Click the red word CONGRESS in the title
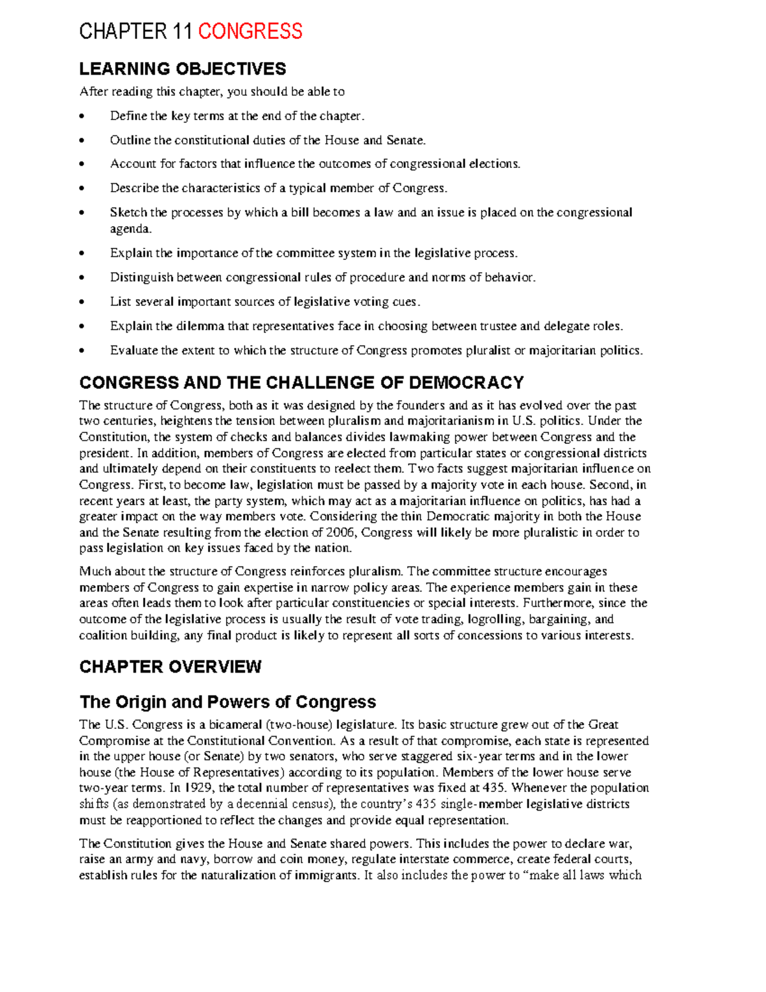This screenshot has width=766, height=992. coord(250,31)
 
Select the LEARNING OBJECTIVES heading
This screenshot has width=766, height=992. coord(183,69)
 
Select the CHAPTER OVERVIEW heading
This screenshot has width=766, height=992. coord(170,667)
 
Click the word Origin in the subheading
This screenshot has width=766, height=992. coord(141,702)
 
